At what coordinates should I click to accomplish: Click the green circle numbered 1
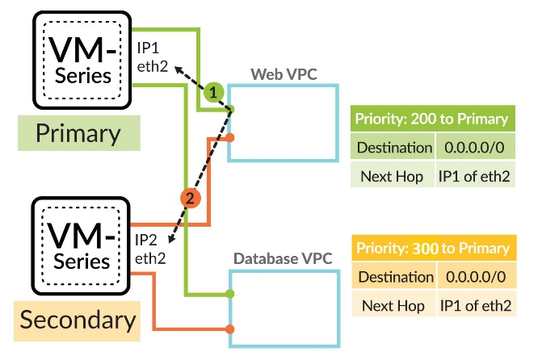pyautogui.click(x=212, y=93)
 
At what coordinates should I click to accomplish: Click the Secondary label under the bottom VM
pyautogui.click(x=78, y=320)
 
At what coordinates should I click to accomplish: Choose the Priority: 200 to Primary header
pyautogui.click(x=431, y=120)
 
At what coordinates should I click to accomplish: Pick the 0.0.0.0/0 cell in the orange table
pyautogui.click(x=476, y=277)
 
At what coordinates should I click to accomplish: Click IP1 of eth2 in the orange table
pyautogui.click(x=476, y=305)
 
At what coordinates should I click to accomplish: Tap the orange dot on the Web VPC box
pyautogui.click(x=231, y=138)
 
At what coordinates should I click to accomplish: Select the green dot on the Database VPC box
pyautogui.click(x=231, y=293)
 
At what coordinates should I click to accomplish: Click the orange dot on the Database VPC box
pyautogui.click(x=231, y=329)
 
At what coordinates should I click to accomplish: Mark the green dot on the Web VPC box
pyautogui.click(x=232, y=110)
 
